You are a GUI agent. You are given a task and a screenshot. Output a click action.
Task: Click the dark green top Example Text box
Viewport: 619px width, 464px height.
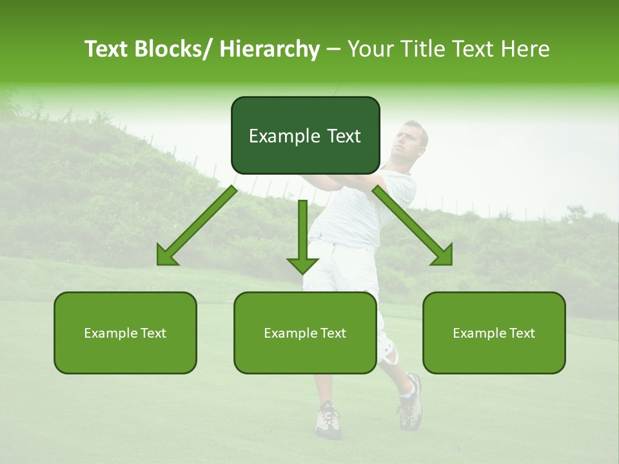pyautogui.click(x=305, y=135)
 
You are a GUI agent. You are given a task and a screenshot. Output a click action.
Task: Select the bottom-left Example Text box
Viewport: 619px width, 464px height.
pyautogui.click(x=125, y=333)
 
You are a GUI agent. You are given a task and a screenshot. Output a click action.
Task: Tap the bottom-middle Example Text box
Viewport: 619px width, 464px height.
pyautogui.click(x=305, y=333)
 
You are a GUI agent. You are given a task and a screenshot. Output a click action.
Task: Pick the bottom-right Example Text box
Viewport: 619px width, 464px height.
pyautogui.click(x=494, y=333)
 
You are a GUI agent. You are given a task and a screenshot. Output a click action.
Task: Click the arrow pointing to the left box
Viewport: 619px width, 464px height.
pyautogui.click(x=197, y=226)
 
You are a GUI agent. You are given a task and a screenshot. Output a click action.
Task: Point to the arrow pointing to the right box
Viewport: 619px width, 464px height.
pyautogui.click(x=413, y=226)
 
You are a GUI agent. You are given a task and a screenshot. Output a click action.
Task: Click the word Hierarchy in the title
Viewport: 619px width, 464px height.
pyautogui.click(x=270, y=49)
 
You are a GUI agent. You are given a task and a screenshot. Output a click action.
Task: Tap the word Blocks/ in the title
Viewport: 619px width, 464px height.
pyautogui.click(x=175, y=49)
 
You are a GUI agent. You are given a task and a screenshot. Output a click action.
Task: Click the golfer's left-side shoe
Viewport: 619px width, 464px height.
pyautogui.click(x=327, y=419)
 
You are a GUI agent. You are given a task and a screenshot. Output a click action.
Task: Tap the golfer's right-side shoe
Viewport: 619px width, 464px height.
pyautogui.click(x=410, y=403)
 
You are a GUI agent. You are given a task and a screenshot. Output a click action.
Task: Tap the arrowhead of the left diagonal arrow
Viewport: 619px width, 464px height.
pyautogui.click(x=166, y=257)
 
